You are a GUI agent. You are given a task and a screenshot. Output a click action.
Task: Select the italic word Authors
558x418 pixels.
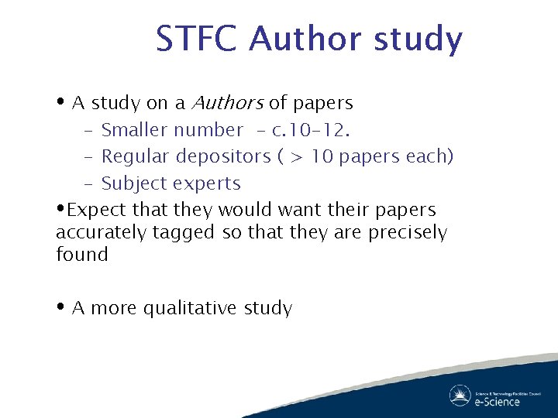click(227, 103)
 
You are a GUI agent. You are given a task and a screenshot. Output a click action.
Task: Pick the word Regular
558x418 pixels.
click(136, 156)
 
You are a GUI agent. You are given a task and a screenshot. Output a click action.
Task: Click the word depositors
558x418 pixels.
click(224, 156)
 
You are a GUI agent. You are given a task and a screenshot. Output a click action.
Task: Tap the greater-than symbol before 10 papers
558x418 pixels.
click(296, 157)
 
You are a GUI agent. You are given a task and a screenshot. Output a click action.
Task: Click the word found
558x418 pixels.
click(81, 254)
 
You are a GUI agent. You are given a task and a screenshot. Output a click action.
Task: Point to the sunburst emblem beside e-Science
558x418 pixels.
click(460, 396)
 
